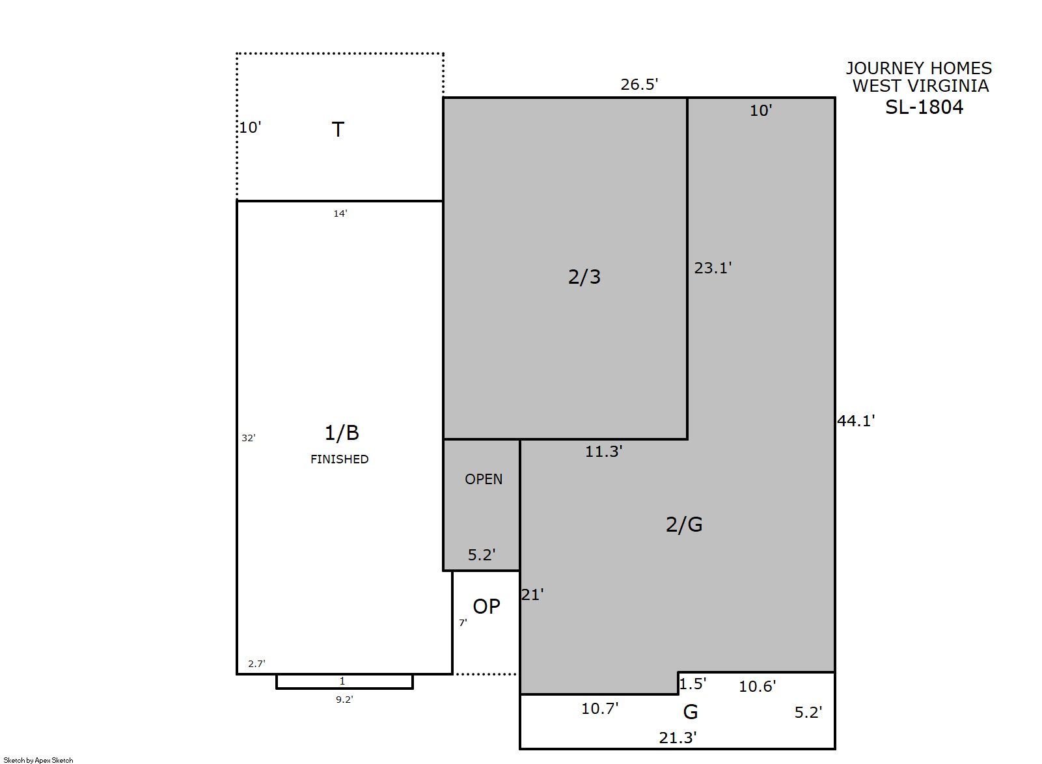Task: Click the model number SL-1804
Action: click(x=924, y=107)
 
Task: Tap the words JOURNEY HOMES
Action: click(x=919, y=68)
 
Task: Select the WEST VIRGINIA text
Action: click(x=920, y=86)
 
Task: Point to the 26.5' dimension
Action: click(x=639, y=84)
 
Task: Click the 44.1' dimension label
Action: click(x=856, y=421)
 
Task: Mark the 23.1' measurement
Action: click(x=713, y=268)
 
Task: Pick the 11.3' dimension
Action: click(x=603, y=452)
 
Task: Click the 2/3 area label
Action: click(x=584, y=277)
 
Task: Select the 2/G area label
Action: click(x=684, y=525)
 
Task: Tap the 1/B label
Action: click(x=342, y=433)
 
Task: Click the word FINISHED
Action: click(x=340, y=459)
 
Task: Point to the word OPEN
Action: click(x=484, y=480)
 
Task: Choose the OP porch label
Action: click(x=487, y=607)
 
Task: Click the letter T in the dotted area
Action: click(x=338, y=130)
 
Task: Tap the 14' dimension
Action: click(x=340, y=213)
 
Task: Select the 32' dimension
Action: click(x=249, y=437)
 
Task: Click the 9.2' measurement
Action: click(x=344, y=700)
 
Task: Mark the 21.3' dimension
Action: click(x=678, y=737)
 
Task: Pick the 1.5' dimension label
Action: click(x=692, y=683)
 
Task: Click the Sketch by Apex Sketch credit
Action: click(x=38, y=760)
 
